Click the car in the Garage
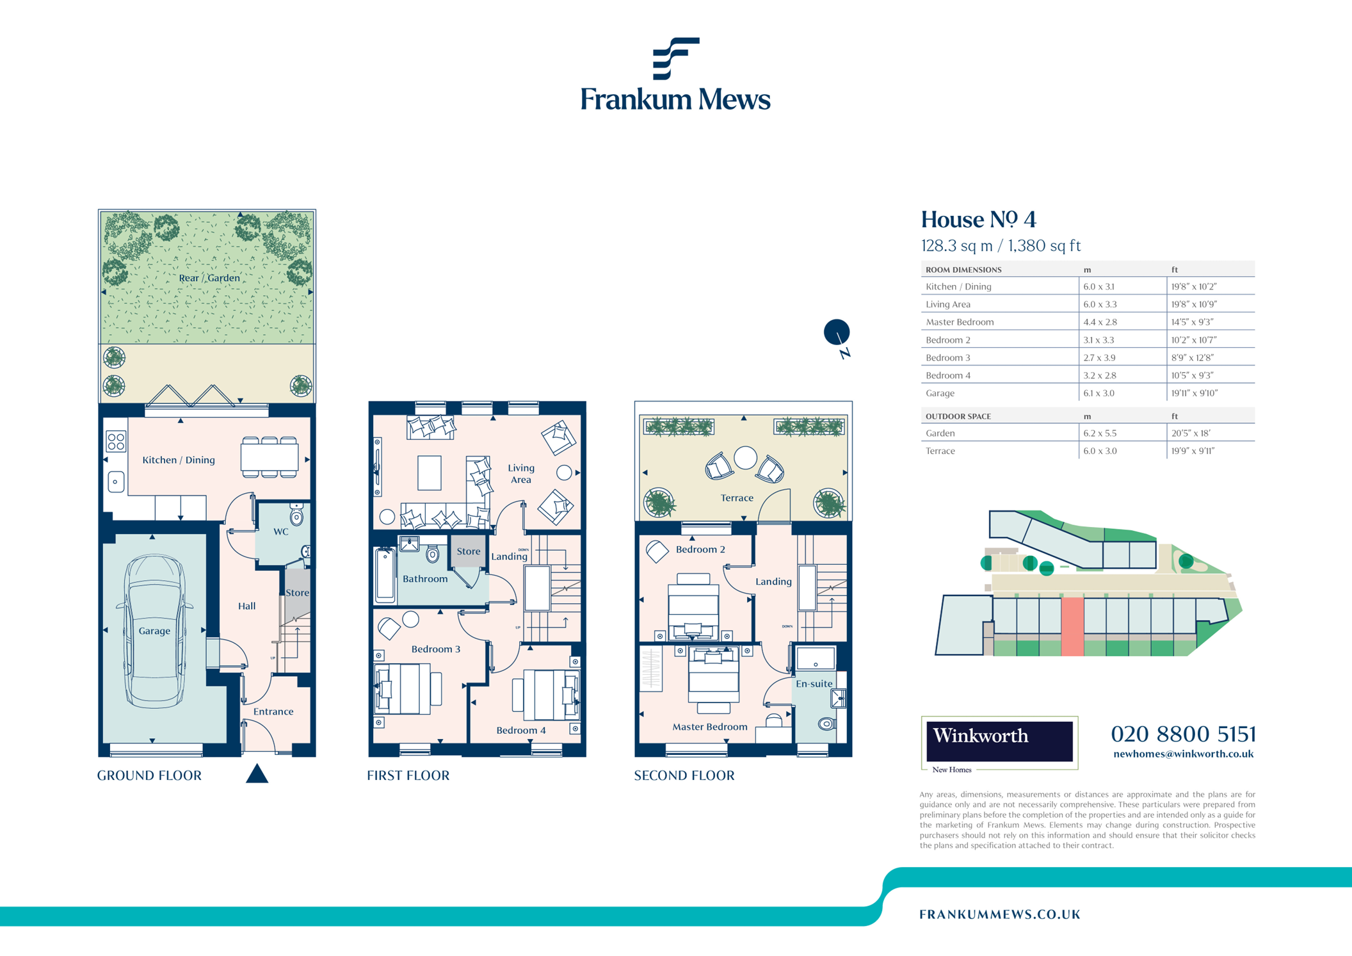point(156,631)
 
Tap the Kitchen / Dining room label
point(178,460)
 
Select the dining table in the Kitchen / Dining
point(270,457)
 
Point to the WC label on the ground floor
point(281,531)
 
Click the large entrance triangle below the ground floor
point(257,774)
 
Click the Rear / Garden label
point(209,278)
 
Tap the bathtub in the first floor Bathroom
point(385,574)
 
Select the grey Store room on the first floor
point(468,551)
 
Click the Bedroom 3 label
point(435,649)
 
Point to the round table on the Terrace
point(745,457)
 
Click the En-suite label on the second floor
point(814,683)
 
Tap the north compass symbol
point(837,333)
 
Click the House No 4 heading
point(978,220)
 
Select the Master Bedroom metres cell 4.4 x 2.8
point(1100,322)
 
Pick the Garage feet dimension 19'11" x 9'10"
point(1194,393)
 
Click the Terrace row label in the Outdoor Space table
point(940,451)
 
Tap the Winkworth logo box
point(999,741)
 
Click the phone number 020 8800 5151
point(1183,734)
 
